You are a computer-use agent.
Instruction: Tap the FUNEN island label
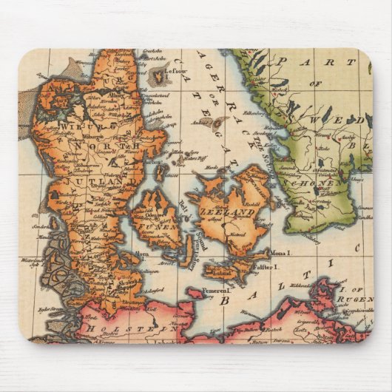pyautogui.click(x=157, y=216)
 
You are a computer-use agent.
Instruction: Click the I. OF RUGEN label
pyautogui.click(x=348, y=298)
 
